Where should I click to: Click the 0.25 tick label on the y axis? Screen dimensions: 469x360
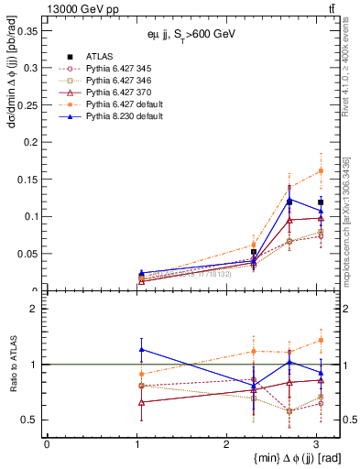pos(27,104)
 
